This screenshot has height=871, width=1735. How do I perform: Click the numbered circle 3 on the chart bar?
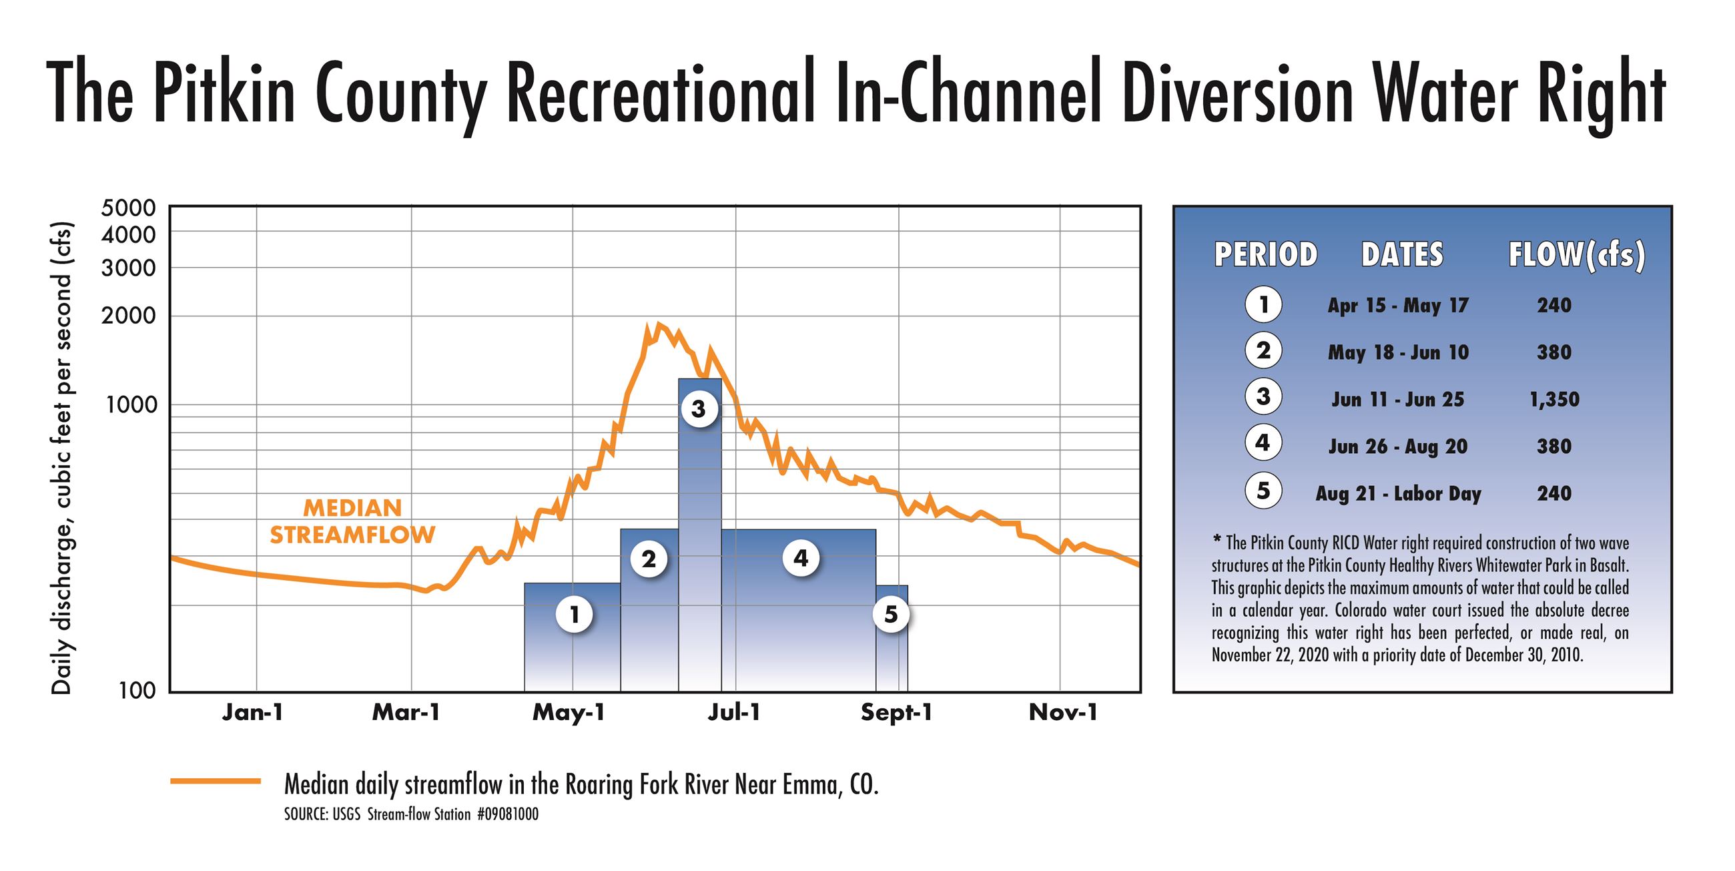(x=699, y=408)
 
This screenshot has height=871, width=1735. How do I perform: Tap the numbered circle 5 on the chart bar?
(x=891, y=613)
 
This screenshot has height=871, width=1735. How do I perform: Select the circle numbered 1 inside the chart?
(x=575, y=614)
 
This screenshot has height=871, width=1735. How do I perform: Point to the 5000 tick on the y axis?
(x=128, y=208)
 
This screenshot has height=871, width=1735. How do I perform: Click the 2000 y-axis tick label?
(x=128, y=315)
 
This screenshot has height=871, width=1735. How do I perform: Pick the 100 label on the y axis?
(x=138, y=690)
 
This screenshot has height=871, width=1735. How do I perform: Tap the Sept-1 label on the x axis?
(x=896, y=713)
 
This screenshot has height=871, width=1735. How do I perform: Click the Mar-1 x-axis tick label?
(x=406, y=713)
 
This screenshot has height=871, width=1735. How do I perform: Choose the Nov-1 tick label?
(x=1064, y=713)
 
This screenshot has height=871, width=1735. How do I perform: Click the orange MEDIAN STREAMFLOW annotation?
(x=352, y=521)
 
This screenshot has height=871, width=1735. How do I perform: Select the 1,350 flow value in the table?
(x=1553, y=400)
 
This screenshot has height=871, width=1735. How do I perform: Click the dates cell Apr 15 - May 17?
(x=1397, y=306)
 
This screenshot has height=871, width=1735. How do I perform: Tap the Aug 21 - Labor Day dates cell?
(x=1398, y=494)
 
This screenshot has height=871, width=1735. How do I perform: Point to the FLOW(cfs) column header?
(x=1576, y=256)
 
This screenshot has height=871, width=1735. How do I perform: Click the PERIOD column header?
(x=1266, y=256)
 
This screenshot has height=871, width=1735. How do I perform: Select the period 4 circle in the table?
(x=1263, y=443)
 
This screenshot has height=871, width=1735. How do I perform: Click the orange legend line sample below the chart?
(x=216, y=782)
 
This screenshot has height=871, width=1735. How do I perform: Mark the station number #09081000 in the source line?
(x=507, y=814)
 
